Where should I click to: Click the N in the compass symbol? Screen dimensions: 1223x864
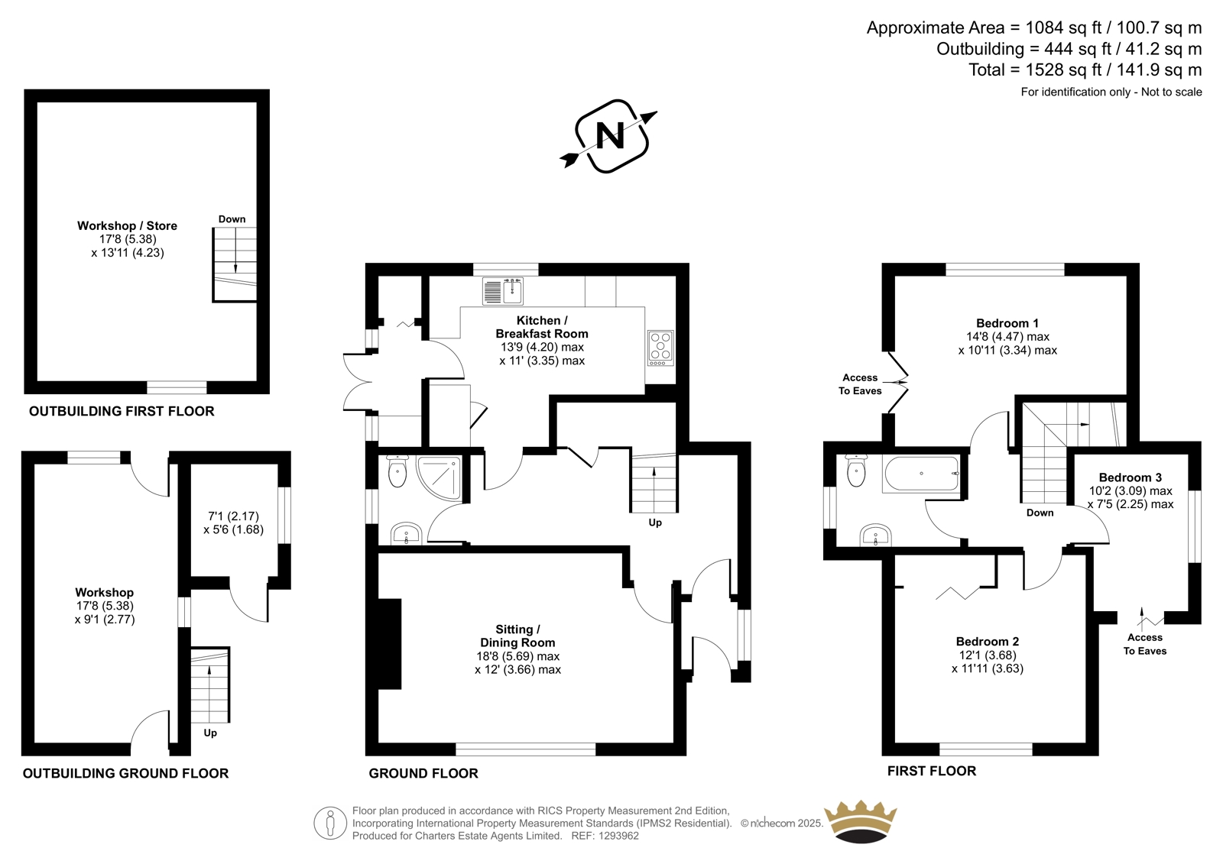click(610, 136)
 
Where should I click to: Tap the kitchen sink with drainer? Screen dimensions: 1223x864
click(503, 291)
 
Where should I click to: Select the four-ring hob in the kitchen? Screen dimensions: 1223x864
click(660, 348)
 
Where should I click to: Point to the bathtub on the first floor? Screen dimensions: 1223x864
click(922, 473)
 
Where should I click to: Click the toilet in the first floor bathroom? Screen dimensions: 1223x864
click(856, 471)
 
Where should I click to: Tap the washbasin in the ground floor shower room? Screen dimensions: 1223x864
click(406, 534)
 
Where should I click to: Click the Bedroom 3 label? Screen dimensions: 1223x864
click(1131, 477)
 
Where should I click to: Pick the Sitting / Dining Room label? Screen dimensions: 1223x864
click(517, 636)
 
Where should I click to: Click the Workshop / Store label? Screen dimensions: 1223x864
click(127, 225)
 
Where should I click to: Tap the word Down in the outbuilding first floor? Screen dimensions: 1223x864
click(232, 219)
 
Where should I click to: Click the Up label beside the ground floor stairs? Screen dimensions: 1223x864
click(655, 523)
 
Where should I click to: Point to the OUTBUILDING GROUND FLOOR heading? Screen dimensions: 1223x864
click(125, 773)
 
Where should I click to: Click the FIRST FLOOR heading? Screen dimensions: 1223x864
click(932, 771)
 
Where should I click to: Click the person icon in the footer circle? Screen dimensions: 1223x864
click(329, 823)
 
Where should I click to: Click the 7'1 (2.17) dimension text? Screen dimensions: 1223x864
click(234, 516)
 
